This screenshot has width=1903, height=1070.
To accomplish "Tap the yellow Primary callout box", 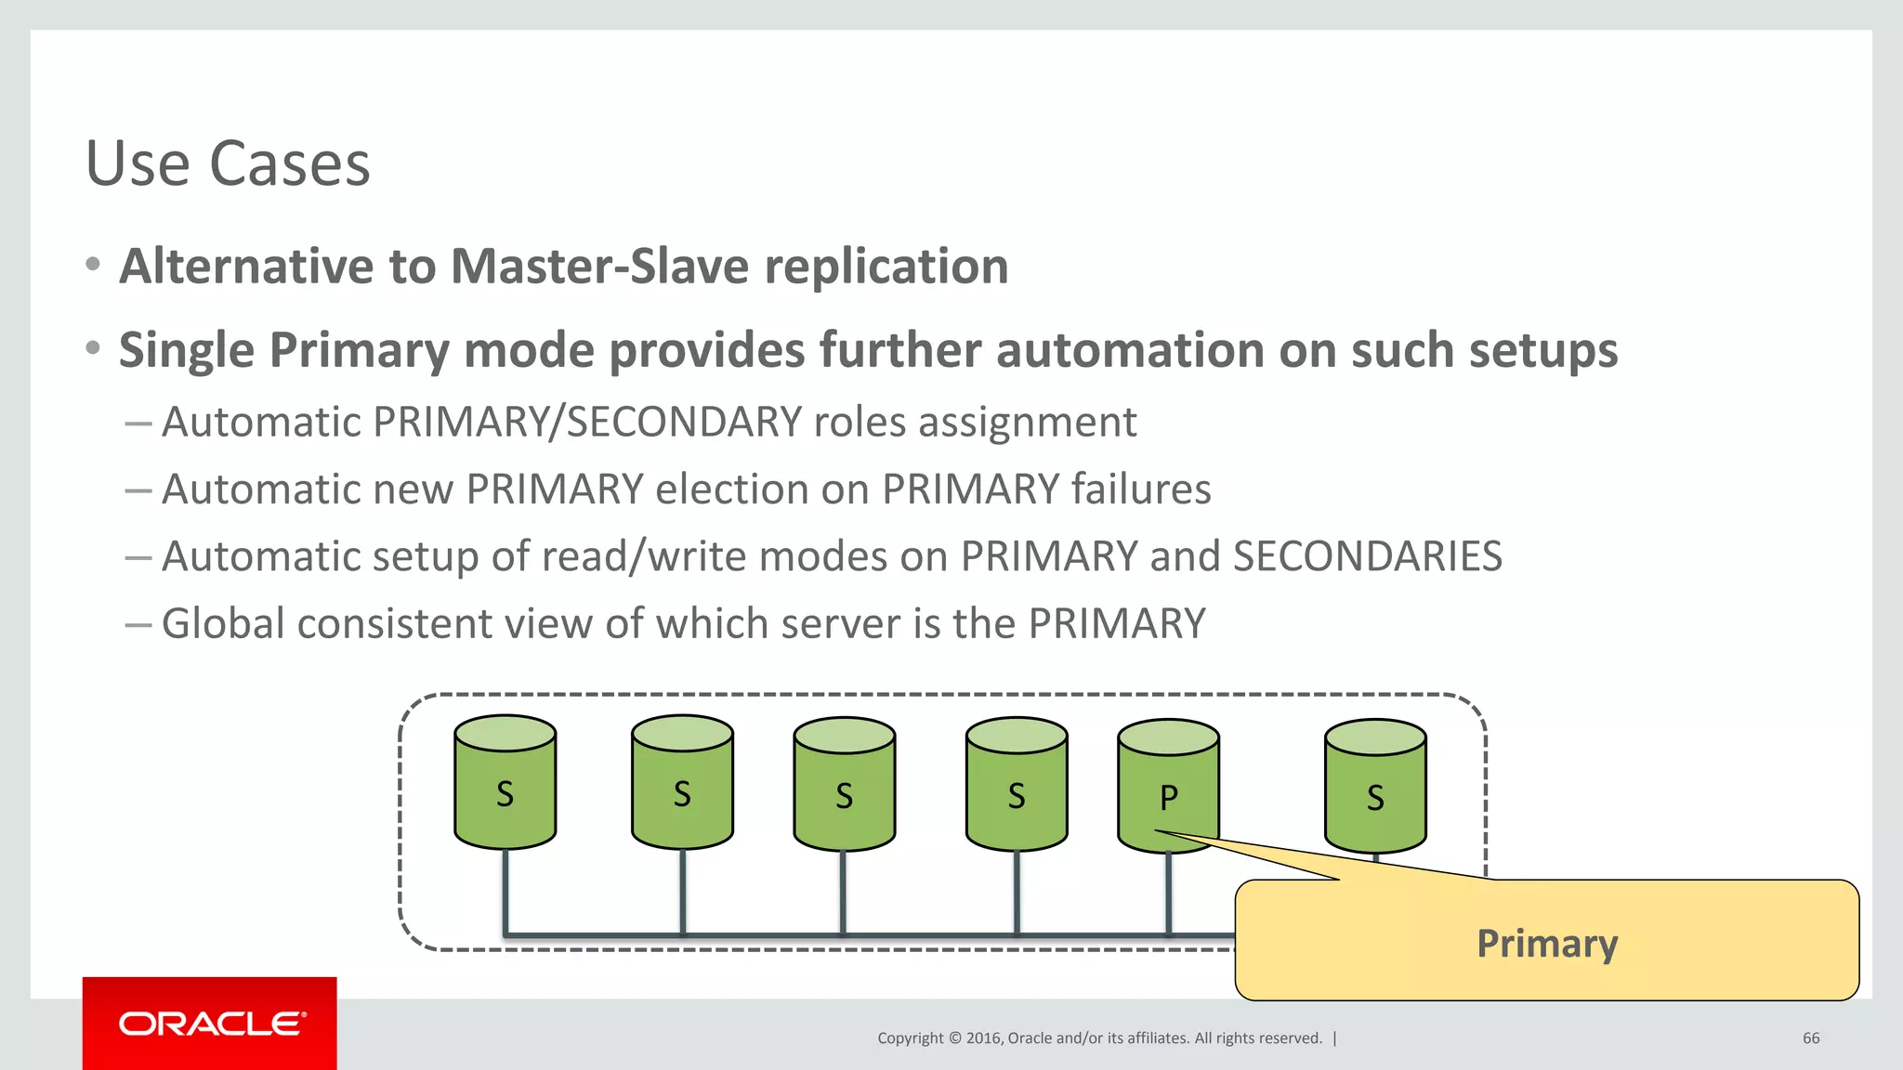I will [1547, 940].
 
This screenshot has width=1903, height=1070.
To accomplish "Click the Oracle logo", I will [210, 1024].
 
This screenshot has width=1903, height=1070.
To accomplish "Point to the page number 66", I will [1811, 1038].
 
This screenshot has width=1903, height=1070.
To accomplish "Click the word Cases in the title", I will [289, 164].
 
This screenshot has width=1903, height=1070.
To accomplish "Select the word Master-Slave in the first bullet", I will [599, 267].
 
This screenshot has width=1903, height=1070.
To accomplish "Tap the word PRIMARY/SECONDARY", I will [587, 423].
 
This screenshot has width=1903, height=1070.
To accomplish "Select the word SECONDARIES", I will [1367, 557].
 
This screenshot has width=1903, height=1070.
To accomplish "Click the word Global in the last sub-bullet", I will [223, 624].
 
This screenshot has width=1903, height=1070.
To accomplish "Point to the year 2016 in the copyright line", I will [983, 1038].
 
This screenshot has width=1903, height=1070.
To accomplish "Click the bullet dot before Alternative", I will [93, 265].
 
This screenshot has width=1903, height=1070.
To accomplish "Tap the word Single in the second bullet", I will [186, 351].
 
